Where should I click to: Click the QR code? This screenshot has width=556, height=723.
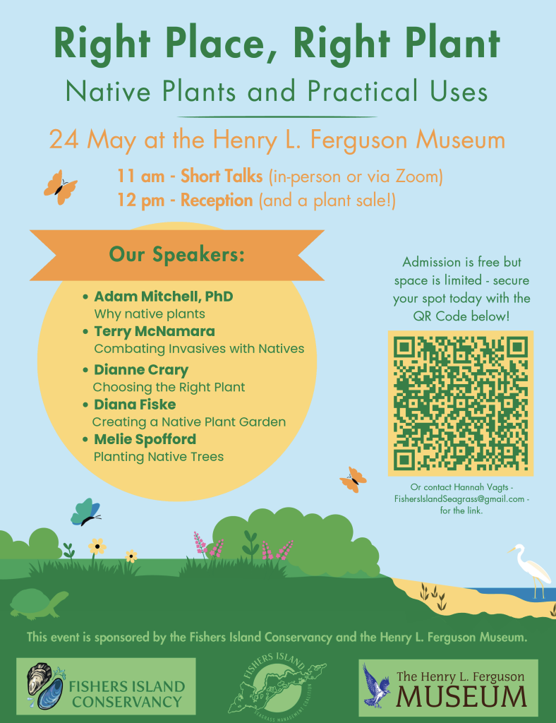[461, 403]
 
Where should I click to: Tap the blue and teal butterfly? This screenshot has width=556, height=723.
[85, 513]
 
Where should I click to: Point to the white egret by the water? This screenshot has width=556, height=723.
[531, 570]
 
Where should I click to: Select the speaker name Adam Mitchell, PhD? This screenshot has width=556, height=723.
[164, 297]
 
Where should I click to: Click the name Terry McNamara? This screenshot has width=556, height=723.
[155, 331]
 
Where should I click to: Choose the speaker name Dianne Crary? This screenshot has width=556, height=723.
[141, 370]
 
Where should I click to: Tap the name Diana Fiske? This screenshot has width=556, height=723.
[135, 405]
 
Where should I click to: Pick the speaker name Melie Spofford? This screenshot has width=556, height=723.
[145, 439]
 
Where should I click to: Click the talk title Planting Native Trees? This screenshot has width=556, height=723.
[159, 457]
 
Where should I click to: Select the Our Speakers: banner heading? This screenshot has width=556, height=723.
[177, 254]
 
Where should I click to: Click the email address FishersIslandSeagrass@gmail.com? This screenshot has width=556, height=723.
[459, 499]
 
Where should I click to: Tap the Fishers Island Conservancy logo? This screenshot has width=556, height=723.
[107, 686]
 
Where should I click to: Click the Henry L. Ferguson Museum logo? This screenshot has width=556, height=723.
[448, 688]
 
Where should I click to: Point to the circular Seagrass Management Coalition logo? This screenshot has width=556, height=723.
[277, 683]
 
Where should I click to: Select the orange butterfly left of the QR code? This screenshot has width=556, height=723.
[353, 479]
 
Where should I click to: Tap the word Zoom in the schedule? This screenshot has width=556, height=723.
[416, 176]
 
